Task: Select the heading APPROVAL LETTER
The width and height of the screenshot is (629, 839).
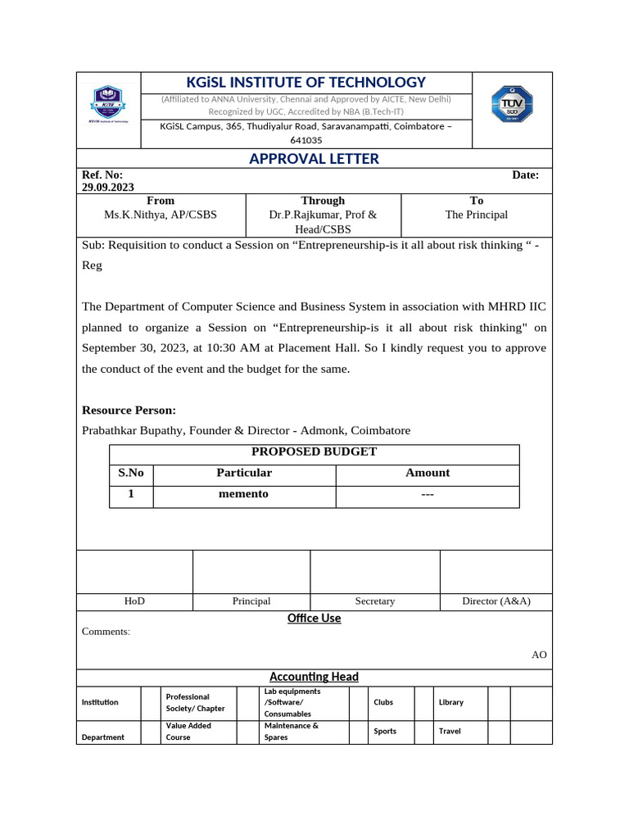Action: coord(314,159)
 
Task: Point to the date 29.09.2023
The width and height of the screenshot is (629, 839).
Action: coord(108,187)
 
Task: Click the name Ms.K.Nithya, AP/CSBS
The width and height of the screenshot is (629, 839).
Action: coord(161,215)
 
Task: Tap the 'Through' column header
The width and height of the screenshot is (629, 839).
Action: coord(323,201)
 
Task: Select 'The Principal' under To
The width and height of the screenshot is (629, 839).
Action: coord(476,215)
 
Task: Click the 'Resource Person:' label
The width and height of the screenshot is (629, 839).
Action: coord(129,410)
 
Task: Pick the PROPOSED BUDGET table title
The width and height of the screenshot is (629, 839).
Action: coord(314,451)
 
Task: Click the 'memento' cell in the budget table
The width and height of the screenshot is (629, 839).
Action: coord(243,494)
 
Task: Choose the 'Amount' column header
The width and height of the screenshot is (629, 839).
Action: coord(427,473)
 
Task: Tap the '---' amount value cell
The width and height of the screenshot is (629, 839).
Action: coord(427,494)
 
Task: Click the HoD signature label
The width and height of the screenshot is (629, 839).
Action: coord(134,601)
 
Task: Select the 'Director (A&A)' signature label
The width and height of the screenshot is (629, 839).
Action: coord(496,601)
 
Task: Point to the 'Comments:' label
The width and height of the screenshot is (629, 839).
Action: coord(106,632)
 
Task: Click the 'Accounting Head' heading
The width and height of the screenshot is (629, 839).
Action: coord(314,677)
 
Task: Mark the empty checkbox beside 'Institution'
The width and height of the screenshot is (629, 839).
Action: coord(150,703)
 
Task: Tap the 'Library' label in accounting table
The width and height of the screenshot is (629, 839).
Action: coord(450,702)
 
